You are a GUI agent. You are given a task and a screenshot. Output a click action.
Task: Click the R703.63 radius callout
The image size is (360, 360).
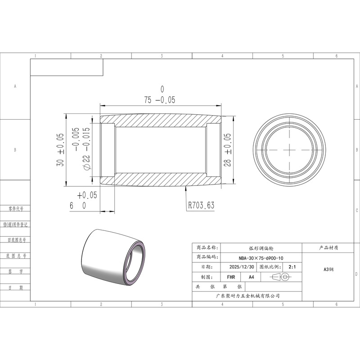pyautogui.click(x=201, y=205)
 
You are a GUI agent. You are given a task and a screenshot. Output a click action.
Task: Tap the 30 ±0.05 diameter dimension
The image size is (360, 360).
pyautogui.click(x=60, y=150)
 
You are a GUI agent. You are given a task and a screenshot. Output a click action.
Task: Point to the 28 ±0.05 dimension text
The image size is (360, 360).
pyautogui.click(x=227, y=150)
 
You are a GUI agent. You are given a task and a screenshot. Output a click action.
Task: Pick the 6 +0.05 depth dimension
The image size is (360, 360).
pyautogui.click(x=84, y=200)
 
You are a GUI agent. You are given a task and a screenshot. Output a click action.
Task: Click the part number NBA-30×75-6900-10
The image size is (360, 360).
pyautogui.click(x=261, y=258)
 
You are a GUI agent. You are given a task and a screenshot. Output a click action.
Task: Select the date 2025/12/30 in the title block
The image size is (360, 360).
pyautogui.click(x=242, y=267)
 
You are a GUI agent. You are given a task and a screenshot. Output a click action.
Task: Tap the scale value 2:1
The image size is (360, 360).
pyautogui.click(x=292, y=267)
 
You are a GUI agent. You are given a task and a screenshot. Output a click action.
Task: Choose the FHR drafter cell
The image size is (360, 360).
pyautogui.click(x=231, y=277)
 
